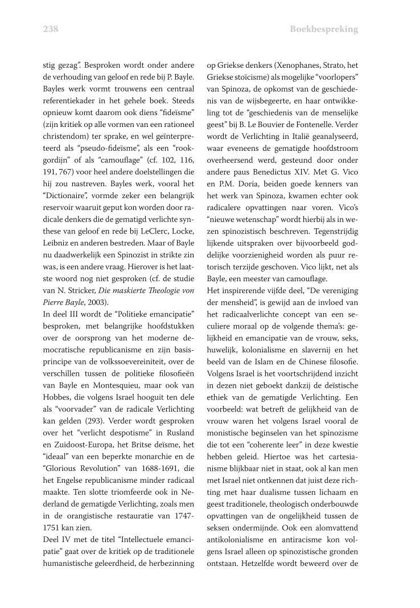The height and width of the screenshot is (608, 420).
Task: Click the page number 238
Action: tap(51, 29)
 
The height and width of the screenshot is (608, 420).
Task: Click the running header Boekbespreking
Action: tap(323, 29)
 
